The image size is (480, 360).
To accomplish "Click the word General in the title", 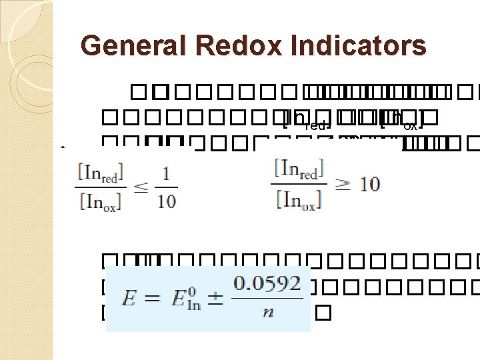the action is (125, 46).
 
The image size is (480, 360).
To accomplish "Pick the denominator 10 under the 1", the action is (166, 201).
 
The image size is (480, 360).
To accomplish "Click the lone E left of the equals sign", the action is (127, 297).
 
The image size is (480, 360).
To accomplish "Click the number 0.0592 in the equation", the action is (267, 283).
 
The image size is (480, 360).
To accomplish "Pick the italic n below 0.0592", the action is (267, 313).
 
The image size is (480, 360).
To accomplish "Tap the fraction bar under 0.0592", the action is (267, 297).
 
